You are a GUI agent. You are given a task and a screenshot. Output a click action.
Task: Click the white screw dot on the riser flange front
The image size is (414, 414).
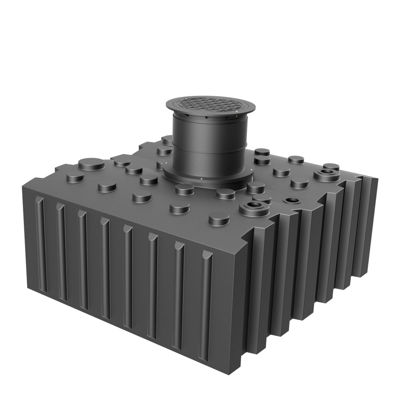[x=201, y=179]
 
